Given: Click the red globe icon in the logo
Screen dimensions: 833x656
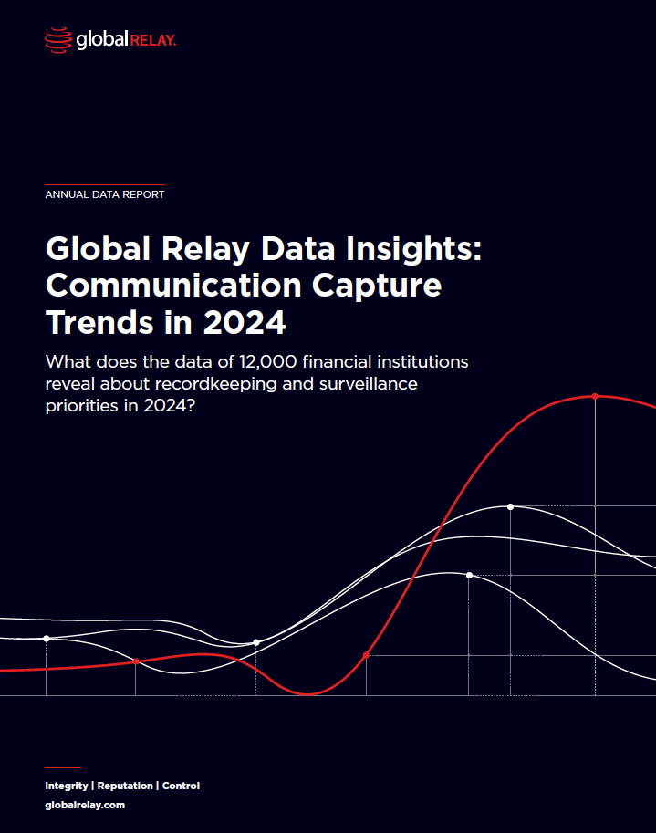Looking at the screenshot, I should pyautogui.click(x=57, y=39).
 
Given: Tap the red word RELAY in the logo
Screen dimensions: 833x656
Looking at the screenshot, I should pyautogui.click(x=154, y=39).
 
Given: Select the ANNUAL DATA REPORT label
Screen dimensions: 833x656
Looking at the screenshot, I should pyautogui.click(x=105, y=194).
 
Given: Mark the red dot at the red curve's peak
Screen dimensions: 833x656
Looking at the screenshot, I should pyautogui.click(x=595, y=396).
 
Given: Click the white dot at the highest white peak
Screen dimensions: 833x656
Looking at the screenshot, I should pyautogui.click(x=511, y=506).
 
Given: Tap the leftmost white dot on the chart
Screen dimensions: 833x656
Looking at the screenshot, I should pyautogui.click(x=47, y=639).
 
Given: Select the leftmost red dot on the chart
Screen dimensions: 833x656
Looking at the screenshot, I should pyautogui.click(x=136, y=661).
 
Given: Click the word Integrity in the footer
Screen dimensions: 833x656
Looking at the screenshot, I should pyautogui.click(x=67, y=786).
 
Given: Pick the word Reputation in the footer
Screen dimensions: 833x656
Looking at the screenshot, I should pyautogui.click(x=125, y=786).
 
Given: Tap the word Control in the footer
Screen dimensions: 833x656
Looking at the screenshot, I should pyautogui.click(x=181, y=786).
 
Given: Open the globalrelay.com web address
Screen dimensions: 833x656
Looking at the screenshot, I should pyautogui.click(x=85, y=806).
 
